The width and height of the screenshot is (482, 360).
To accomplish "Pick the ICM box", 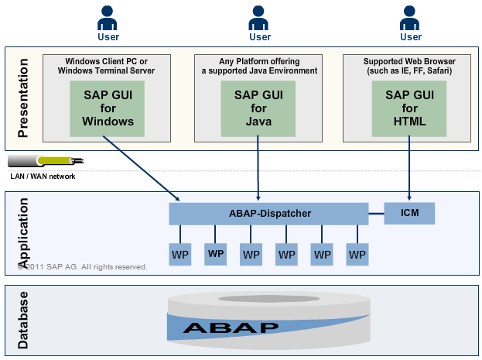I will [409, 212].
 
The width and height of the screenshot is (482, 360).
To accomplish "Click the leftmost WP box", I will [180, 254].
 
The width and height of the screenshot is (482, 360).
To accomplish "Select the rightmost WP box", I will [357, 254].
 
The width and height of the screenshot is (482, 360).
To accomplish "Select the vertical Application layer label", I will [23, 232].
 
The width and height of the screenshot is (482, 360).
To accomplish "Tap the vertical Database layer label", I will [23, 320].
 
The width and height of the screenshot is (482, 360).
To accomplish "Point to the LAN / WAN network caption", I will [43, 177].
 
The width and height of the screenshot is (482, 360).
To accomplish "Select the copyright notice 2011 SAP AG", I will [82, 267].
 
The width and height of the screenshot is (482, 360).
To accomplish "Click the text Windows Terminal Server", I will [107, 70].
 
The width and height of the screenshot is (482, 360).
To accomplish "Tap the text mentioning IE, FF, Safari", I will [409, 70].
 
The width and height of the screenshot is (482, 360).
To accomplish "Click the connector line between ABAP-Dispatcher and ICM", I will [376, 212].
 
